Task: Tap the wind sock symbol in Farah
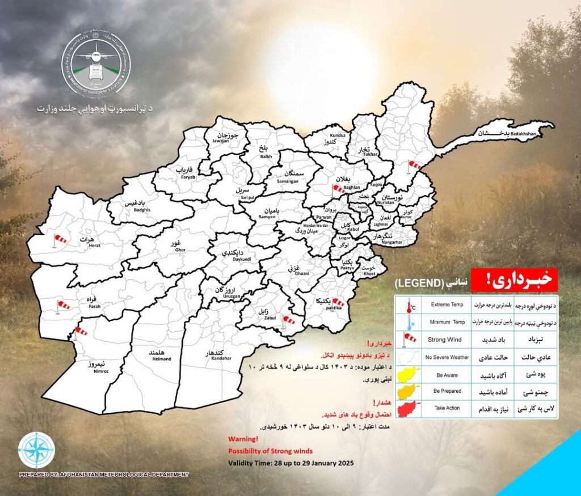[x=62, y=306]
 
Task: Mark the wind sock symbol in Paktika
[x=337, y=302]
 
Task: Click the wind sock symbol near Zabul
[x=289, y=321]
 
